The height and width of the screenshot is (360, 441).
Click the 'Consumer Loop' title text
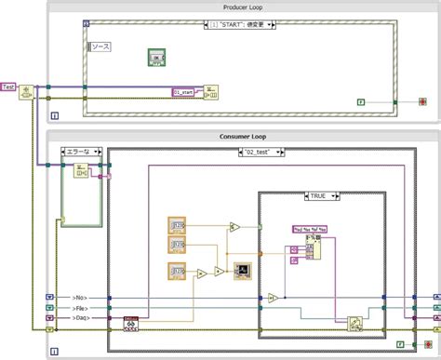pos(238,137)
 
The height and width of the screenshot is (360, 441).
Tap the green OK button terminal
pos(155,59)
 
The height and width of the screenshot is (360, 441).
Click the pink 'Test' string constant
pos(9,87)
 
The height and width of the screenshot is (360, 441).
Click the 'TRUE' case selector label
pos(319,195)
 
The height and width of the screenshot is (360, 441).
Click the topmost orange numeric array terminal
pos(178,224)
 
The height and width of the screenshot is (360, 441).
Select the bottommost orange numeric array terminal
pos(178,272)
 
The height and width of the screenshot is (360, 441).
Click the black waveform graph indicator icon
pos(242,271)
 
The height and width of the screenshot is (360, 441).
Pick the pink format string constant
pos(308,228)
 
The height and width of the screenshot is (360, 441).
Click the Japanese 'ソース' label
pos(99,46)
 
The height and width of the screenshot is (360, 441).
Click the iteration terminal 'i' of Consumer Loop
pos(54,352)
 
